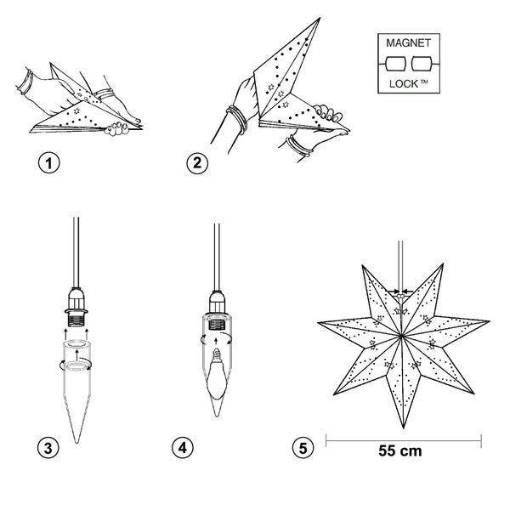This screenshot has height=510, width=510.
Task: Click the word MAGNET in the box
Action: pos(408,42)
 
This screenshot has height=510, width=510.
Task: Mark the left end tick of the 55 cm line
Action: pos(326,439)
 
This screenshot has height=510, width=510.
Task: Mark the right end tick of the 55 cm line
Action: pos(482,439)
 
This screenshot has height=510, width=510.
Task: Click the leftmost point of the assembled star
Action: pos(318,325)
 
